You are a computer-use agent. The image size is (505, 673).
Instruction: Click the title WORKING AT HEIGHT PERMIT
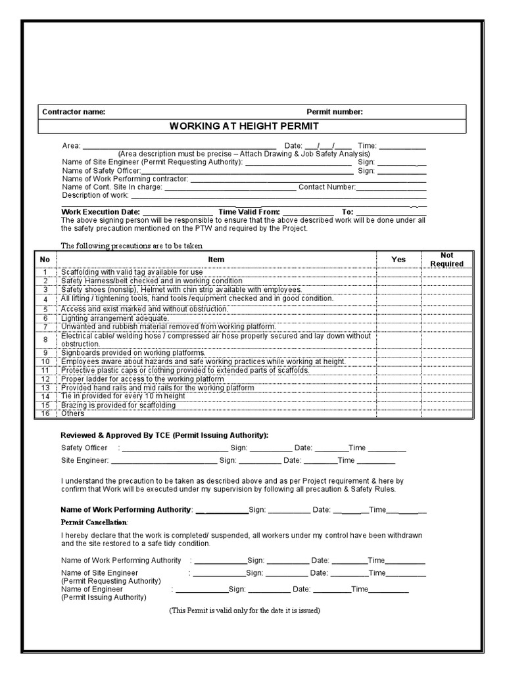[244, 126]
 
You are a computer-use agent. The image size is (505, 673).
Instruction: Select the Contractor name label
[74, 112]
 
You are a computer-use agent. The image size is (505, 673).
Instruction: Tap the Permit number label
[334, 112]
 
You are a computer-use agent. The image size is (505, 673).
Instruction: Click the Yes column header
[398, 260]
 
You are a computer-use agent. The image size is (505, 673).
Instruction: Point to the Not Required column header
[446, 260]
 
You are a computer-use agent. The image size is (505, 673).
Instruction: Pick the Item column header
[216, 260]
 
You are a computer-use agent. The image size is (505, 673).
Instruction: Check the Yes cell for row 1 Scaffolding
[398, 272]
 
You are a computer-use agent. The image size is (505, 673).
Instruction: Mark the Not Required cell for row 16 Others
[446, 414]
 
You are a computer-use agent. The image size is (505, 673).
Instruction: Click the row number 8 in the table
[45, 340]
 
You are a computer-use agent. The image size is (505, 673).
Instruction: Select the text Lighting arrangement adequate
[115, 318]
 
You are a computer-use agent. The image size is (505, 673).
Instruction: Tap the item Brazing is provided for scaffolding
[118, 406]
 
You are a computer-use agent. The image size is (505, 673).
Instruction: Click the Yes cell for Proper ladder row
[398, 379]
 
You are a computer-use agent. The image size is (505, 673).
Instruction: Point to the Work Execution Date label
[101, 212]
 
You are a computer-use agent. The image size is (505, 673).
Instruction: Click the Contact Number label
[327, 187]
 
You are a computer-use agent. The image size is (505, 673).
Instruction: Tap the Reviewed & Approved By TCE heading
[164, 435]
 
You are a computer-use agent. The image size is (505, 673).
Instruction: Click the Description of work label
[95, 195]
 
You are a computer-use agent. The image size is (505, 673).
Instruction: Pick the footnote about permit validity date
[245, 611]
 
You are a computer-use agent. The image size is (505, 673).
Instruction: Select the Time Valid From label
[249, 212]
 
